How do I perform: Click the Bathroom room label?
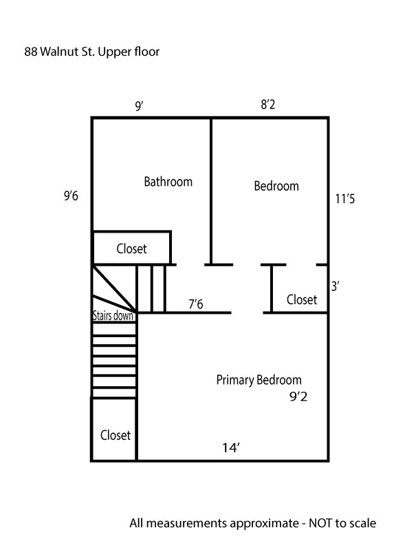click(x=168, y=182)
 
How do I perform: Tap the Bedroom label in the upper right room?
click(x=276, y=186)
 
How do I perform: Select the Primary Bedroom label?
click(x=258, y=380)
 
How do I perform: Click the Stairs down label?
click(x=113, y=316)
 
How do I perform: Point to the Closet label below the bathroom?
click(x=131, y=248)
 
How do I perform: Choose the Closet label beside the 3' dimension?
click(x=302, y=299)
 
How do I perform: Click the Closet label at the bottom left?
click(x=115, y=435)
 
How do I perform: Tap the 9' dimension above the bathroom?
click(x=140, y=106)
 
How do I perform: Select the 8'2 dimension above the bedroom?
click(x=268, y=105)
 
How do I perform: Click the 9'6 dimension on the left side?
click(x=71, y=196)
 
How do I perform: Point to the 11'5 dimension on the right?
click(x=345, y=199)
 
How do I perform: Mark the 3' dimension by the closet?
click(x=335, y=286)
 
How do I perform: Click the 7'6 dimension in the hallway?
click(x=196, y=304)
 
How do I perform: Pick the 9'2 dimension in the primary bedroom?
click(x=298, y=396)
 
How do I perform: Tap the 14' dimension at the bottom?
click(x=231, y=448)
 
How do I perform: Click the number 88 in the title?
click(x=30, y=52)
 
